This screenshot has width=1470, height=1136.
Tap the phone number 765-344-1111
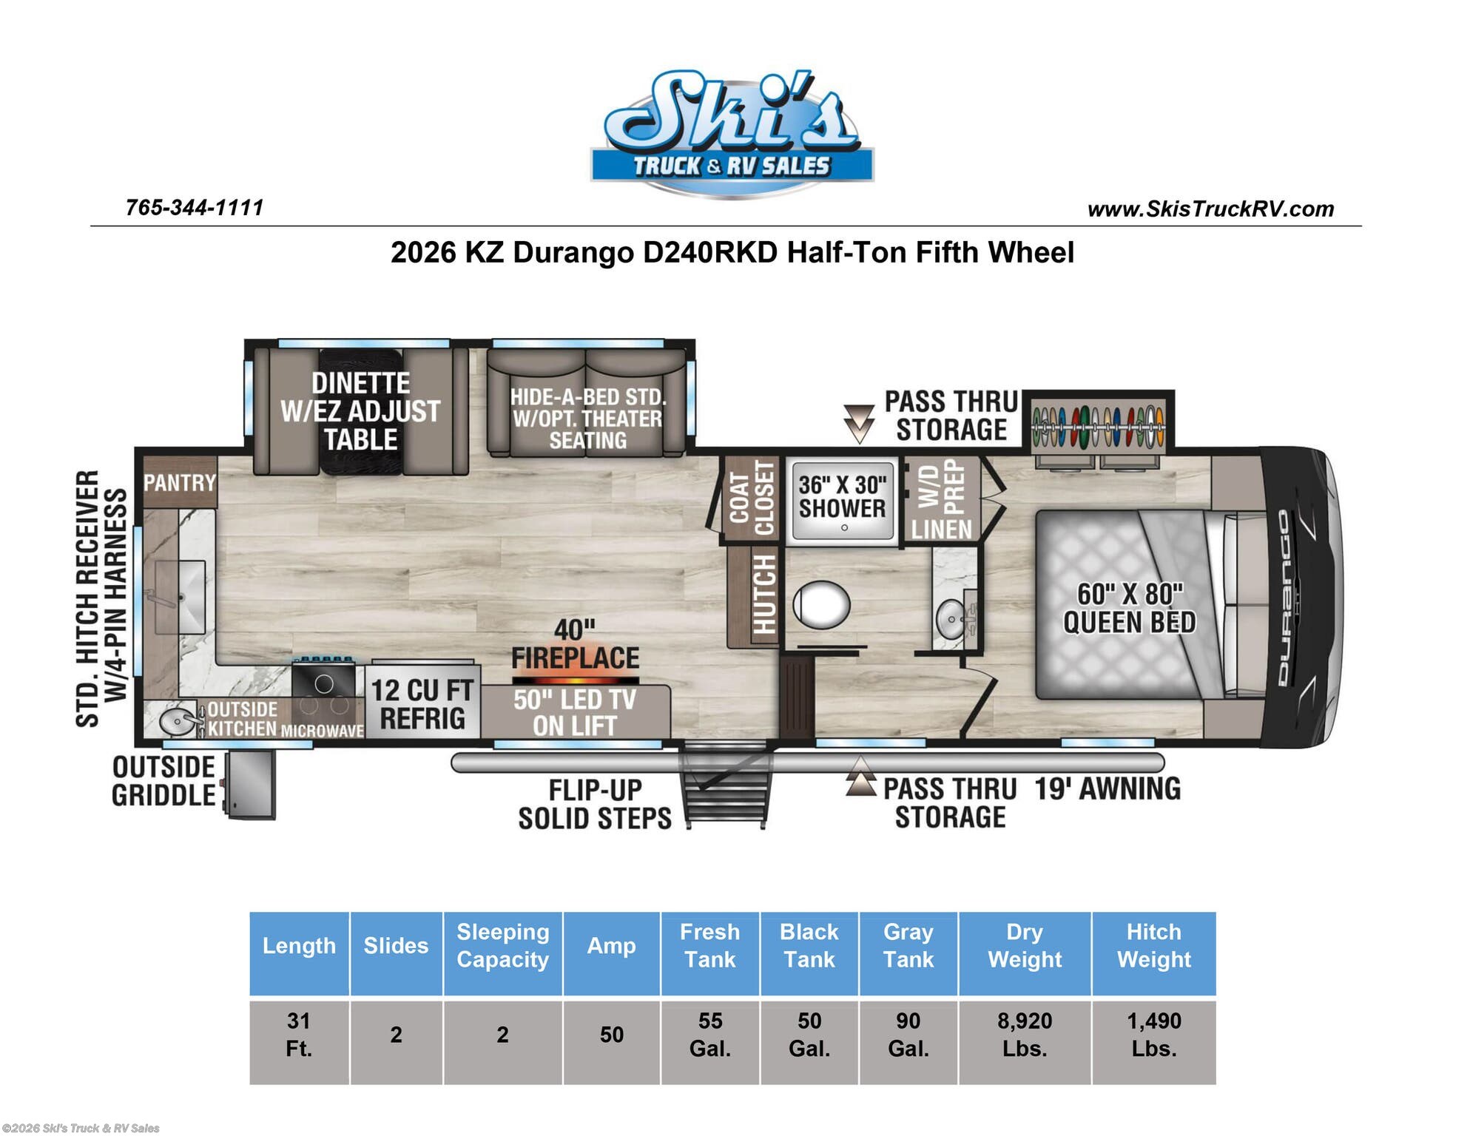(195, 208)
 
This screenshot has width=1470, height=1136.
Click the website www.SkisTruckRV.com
(1210, 209)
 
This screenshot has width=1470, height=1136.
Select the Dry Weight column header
(1024, 946)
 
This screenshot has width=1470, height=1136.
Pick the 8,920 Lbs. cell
(1024, 1035)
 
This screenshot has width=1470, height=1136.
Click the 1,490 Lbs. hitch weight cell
(1153, 1035)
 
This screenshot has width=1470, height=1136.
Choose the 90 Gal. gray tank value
(908, 1035)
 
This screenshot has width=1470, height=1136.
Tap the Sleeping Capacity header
(502, 946)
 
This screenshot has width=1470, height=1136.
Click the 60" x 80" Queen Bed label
(1129, 609)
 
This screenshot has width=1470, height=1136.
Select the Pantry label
(179, 483)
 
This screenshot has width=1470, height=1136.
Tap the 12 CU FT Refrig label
(422, 705)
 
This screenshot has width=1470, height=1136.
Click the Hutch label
(764, 594)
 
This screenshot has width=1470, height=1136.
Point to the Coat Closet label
(752, 498)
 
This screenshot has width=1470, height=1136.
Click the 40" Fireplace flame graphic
(575, 678)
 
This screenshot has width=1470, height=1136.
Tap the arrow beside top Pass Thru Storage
(859, 423)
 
